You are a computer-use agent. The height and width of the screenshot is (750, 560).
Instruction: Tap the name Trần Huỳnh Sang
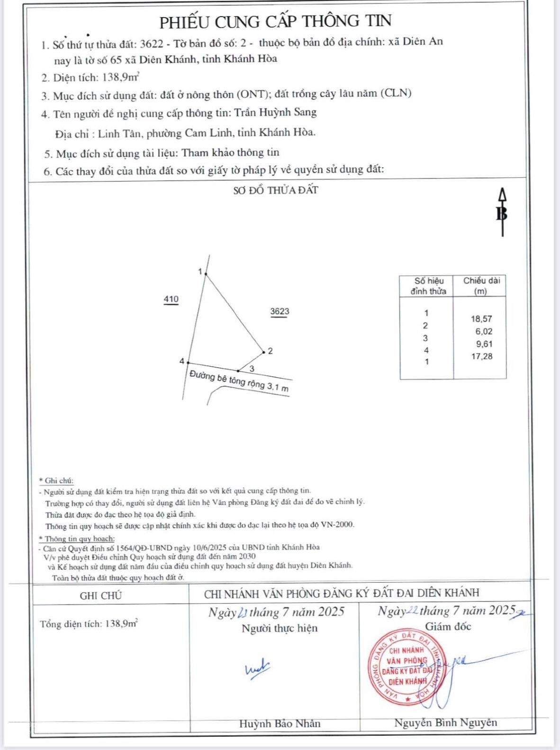click(275, 113)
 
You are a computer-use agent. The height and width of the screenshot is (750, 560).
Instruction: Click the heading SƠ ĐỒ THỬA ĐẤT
click(275, 190)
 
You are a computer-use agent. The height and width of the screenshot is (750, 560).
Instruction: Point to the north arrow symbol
click(502, 212)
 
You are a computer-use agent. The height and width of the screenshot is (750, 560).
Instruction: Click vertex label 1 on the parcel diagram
click(200, 271)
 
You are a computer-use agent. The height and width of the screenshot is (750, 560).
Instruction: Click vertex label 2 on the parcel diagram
click(270, 351)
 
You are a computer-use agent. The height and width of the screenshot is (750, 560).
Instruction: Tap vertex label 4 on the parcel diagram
click(182, 361)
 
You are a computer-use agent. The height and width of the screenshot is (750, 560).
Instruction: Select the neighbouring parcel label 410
click(171, 299)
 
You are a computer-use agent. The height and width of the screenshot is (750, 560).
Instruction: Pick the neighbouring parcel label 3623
click(280, 311)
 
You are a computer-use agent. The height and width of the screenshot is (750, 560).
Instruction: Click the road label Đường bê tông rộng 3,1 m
click(239, 381)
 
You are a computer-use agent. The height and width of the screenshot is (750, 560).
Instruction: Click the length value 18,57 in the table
click(481, 319)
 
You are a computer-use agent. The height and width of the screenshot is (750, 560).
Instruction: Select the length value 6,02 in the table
click(484, 332)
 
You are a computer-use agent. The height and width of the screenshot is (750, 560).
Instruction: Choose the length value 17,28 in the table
click(481, 356)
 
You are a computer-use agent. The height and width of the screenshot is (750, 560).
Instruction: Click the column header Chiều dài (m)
click(481, 286)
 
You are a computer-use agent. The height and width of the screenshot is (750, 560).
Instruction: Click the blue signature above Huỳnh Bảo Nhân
click(257, 669)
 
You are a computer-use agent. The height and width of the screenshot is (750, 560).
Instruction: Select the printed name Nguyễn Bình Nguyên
click(445, 723)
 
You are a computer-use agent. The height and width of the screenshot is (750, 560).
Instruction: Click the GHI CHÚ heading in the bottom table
click(101, 596)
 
